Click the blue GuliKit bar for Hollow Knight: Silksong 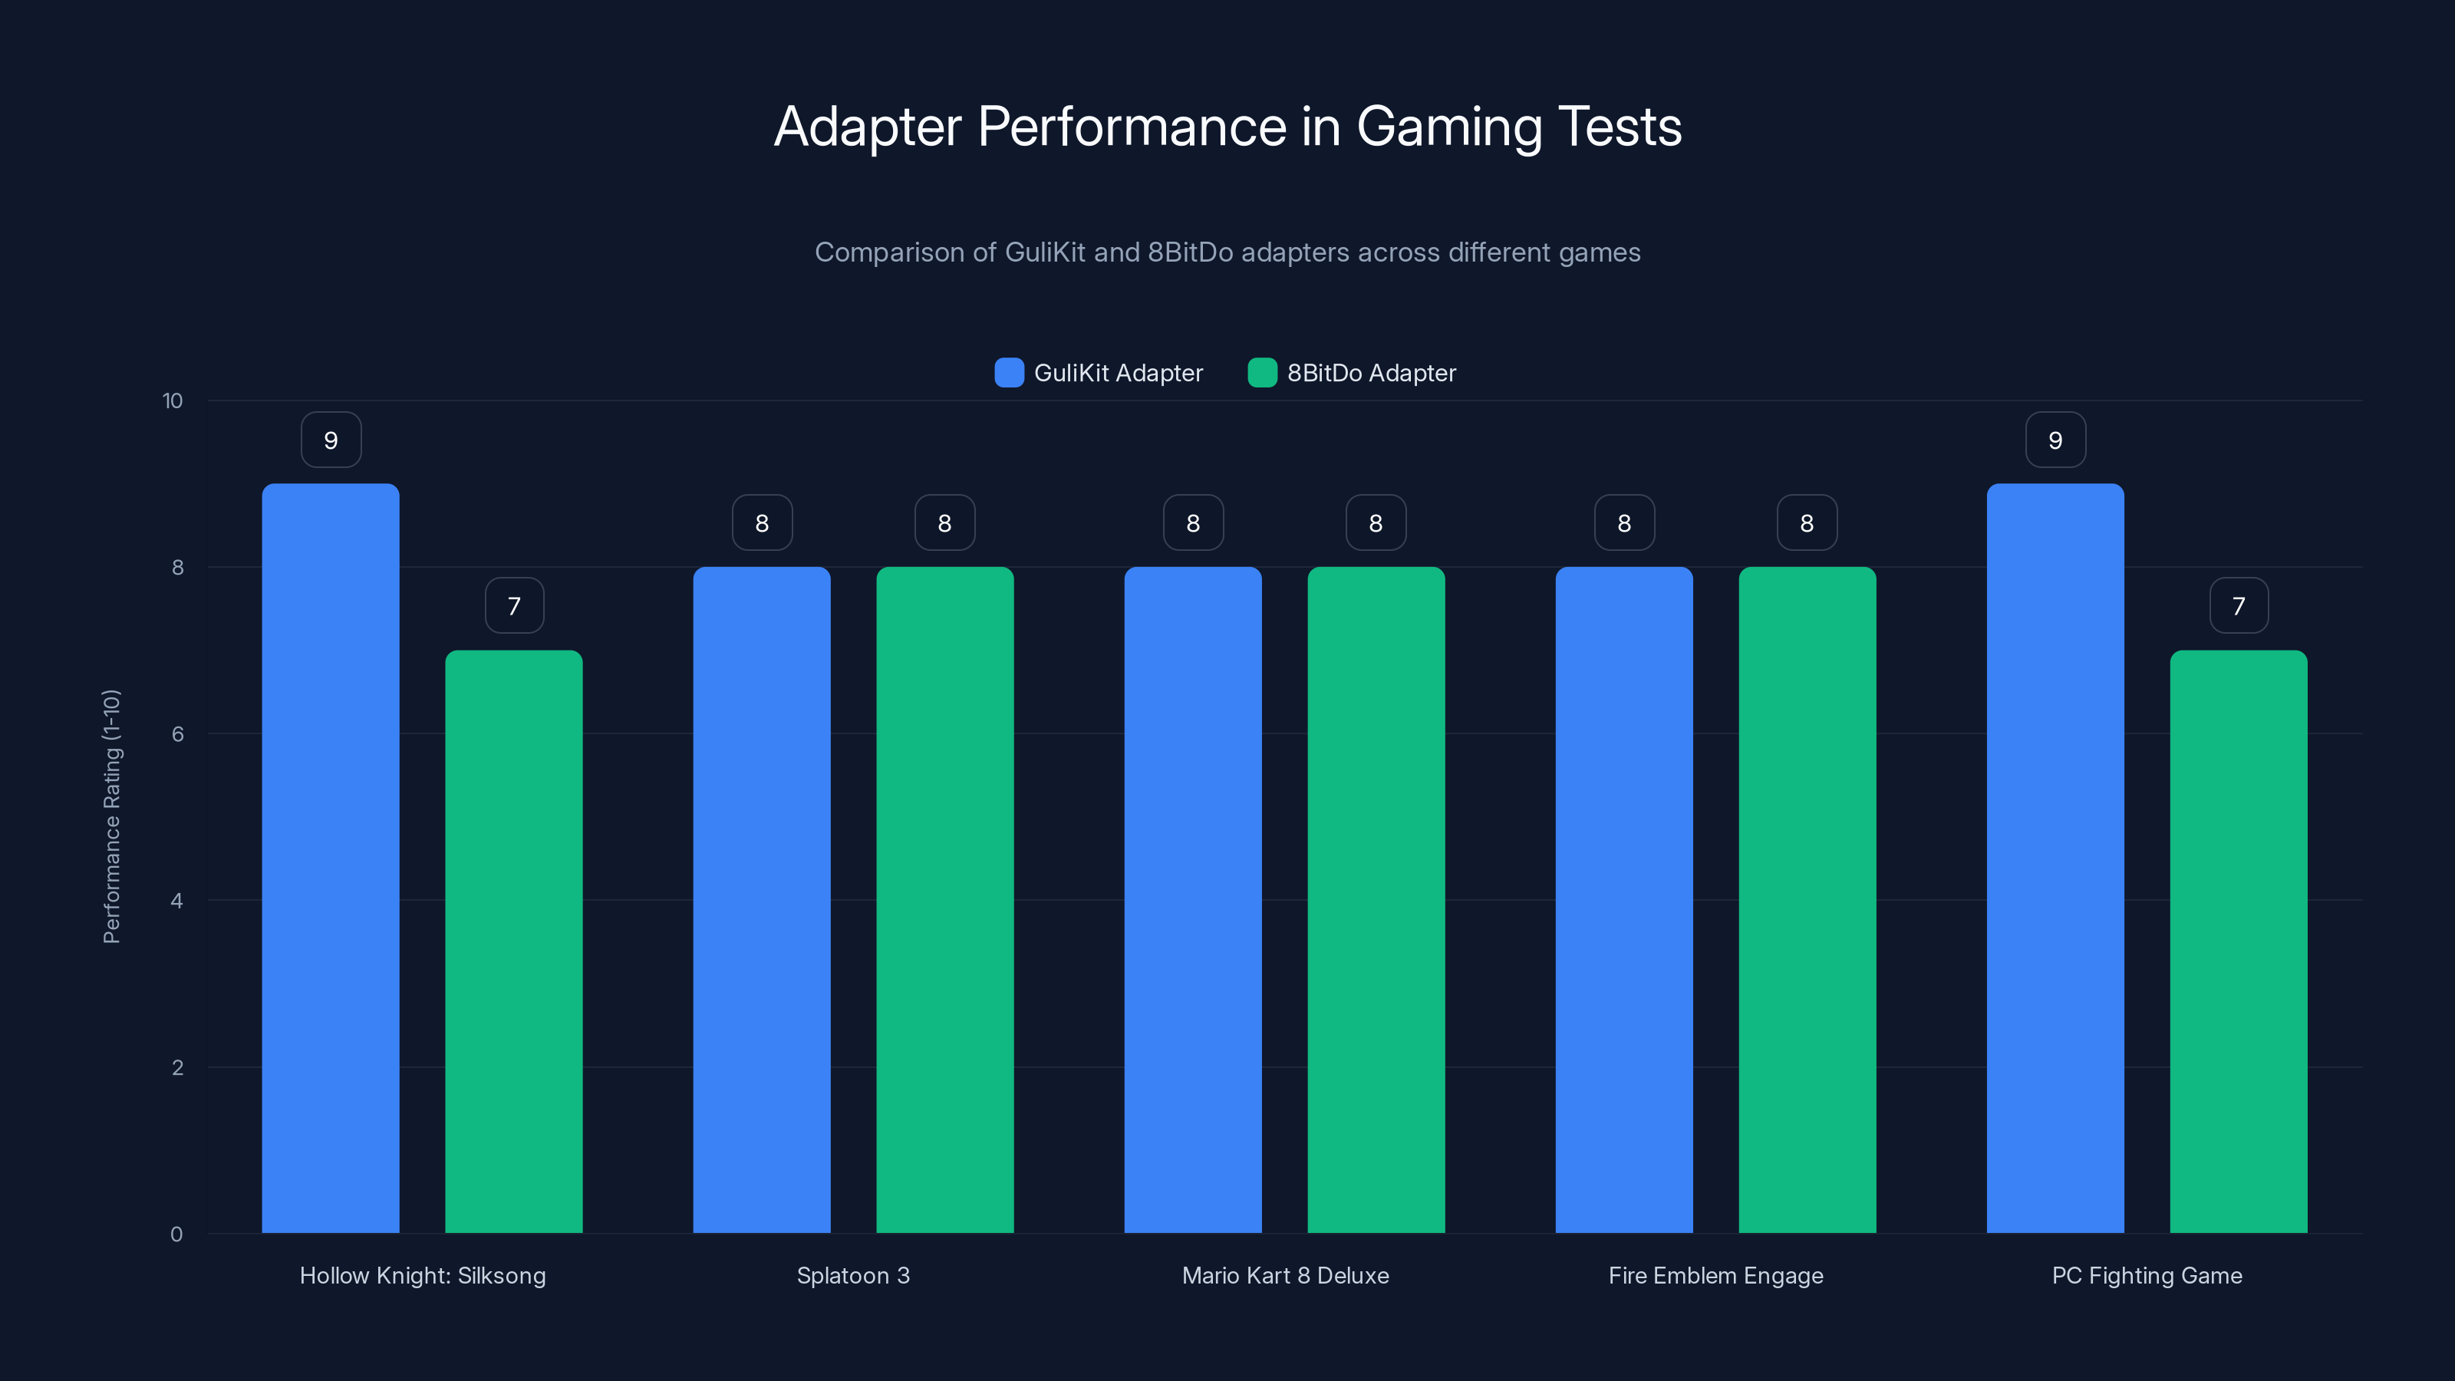pos(330,858)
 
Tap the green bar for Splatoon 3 pos(944,900)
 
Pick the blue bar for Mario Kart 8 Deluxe pos(1192,900)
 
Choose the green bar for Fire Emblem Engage pos(1806,900)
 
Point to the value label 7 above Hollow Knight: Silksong pos(514,606)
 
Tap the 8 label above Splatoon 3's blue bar pos(762,523)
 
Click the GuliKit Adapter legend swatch pos(1008,373)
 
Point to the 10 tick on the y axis pos(173,401)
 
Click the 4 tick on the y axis pos(176,901)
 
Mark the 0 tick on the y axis pos(176,1234)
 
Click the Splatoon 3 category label pos(853,1275)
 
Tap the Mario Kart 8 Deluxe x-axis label pos(1285,1275)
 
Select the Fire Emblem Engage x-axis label pos(1715,1275)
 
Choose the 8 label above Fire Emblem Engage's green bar pos(1806,523)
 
